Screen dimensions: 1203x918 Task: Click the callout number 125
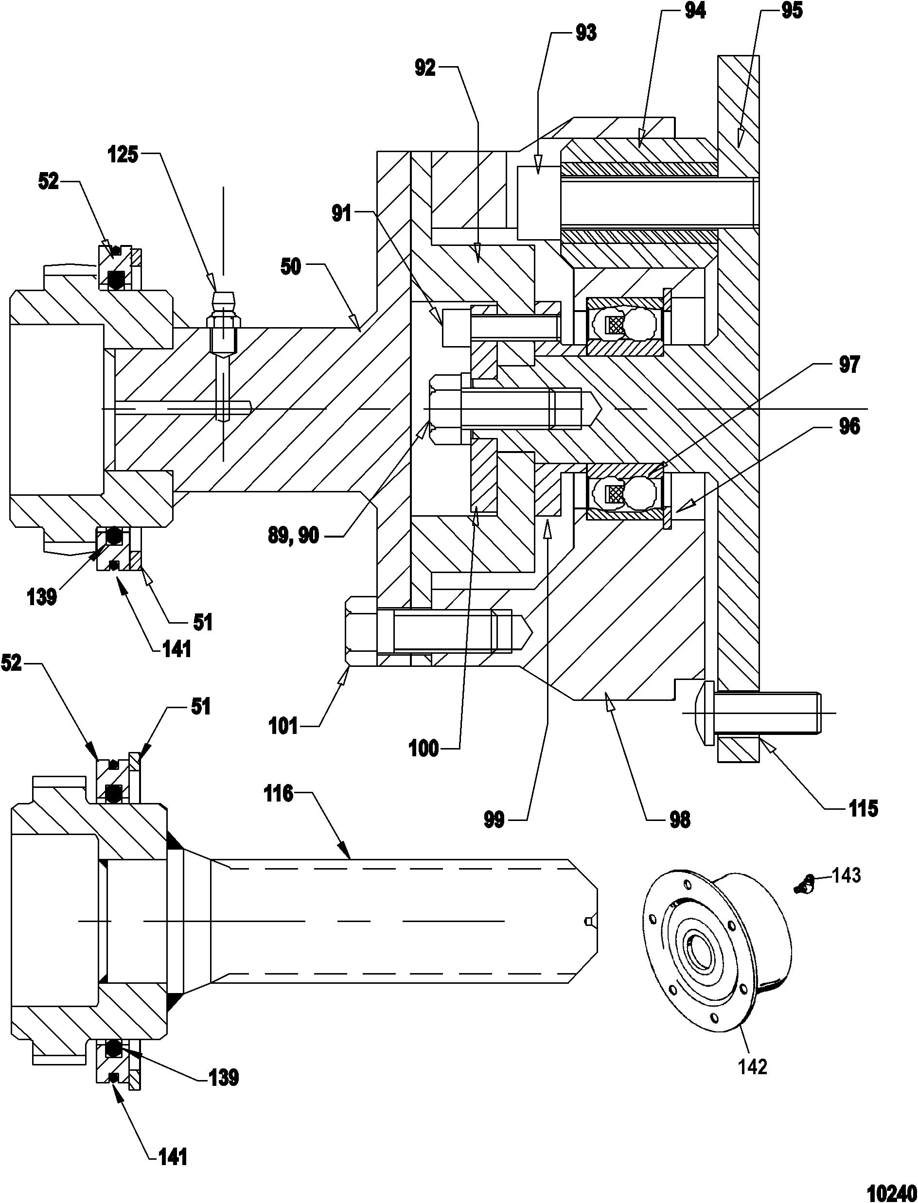coord(123,155)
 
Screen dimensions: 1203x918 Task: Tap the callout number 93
coord(585,34)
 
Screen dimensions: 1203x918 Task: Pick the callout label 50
coord(291,267)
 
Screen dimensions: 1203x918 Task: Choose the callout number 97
coord(848,365)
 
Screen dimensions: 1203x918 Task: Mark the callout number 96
coord(848,427)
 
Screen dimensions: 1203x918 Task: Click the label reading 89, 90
coord(293,536)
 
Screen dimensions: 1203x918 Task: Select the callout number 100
coord(424,748)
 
